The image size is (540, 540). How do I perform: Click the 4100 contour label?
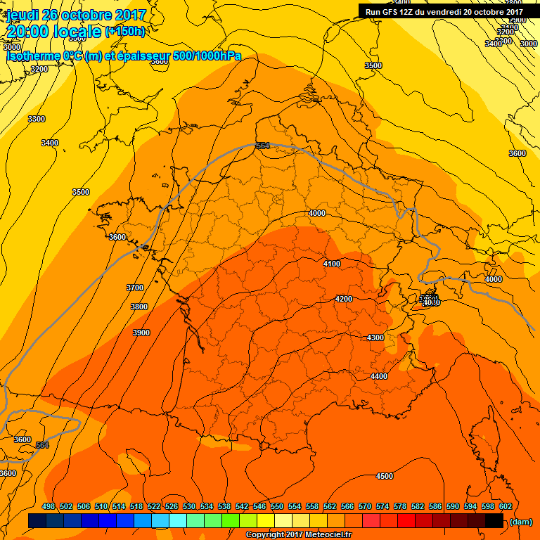(x=331, y=264)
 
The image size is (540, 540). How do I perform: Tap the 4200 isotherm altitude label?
(x=343, y=299)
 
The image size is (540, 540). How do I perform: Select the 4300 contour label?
(x=375, y=337)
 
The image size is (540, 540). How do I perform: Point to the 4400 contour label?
(x=378, y=376)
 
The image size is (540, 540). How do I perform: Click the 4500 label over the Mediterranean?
(x=384, y=476)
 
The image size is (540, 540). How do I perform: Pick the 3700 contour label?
(x=134, y=288)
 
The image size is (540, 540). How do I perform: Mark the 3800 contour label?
(x=139, y=307)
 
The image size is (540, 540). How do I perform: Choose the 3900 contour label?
(x=141, y=333)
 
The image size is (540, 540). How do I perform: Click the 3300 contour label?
(x=37, y=119)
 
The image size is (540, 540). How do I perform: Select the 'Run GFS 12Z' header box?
(x=444, y=11)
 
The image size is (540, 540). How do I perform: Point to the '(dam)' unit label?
(x=520, y=521)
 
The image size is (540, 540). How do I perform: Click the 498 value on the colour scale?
(x=49, y=506)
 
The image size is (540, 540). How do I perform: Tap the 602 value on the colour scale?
(x=505, y=506)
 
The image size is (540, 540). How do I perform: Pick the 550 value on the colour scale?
(x=277, y=506)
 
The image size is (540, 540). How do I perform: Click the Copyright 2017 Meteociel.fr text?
(x=298, y=534)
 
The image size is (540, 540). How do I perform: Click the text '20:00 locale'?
(x=54, y=32)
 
